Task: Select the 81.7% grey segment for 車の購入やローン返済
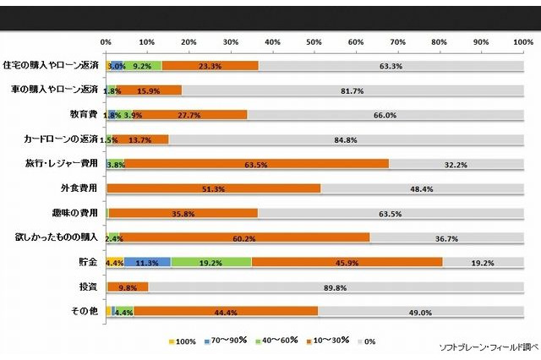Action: [x=352, y=90]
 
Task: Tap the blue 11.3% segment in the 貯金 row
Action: [x=148, y=263]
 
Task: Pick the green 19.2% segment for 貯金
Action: [x=211, y=263]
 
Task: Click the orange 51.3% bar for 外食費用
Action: [x=213, y=189]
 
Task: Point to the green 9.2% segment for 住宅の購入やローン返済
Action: [x=143, y=65]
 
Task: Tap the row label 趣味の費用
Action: [x=78, y=214]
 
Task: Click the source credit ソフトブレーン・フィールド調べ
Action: [x=483, y=346]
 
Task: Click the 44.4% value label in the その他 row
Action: [x=224, y=312]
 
